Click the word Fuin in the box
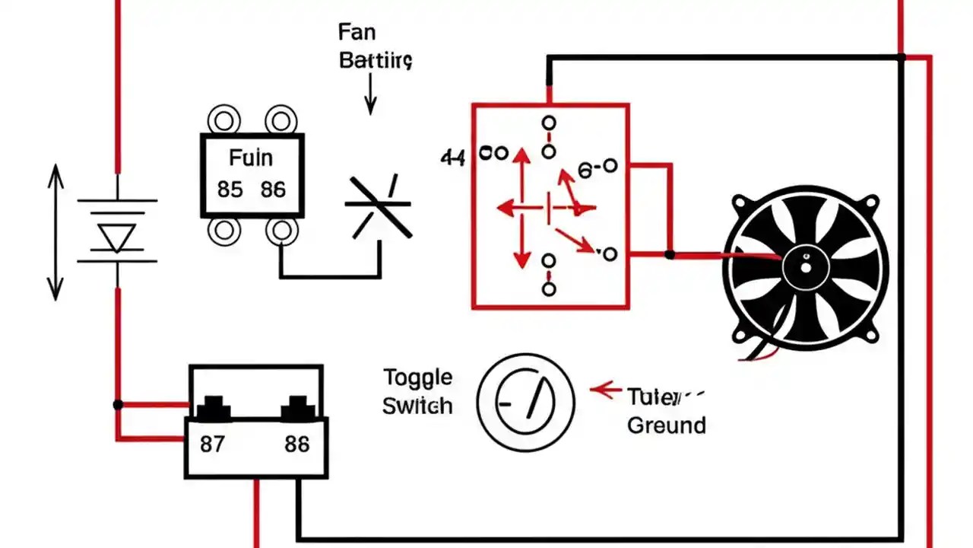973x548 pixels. pos(250,158)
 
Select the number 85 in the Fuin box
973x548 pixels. pos(230,189)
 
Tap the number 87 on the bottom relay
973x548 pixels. pos(212,444)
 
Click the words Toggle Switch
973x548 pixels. pos(417,391)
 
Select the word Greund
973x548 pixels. pos(667,425)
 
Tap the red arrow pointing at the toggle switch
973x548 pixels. pos(606,390)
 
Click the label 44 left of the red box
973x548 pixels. pos(452,158)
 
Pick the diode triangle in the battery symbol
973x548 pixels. pos(118,237)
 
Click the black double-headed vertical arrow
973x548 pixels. pos(55,232)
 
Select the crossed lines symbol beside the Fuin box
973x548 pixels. pos(379,205)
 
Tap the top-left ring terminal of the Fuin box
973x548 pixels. pos(224,120)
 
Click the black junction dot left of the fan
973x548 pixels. pos(669,254)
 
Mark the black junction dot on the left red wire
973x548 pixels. pos(118,404)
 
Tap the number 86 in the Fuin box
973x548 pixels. pos(273,189)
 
